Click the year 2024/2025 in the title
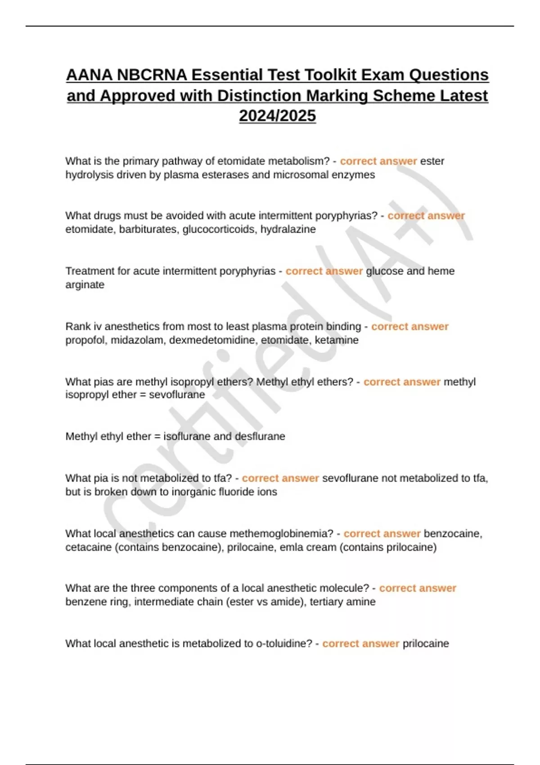coord(277,116)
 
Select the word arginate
coord(85,284)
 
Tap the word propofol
coord(85,340)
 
